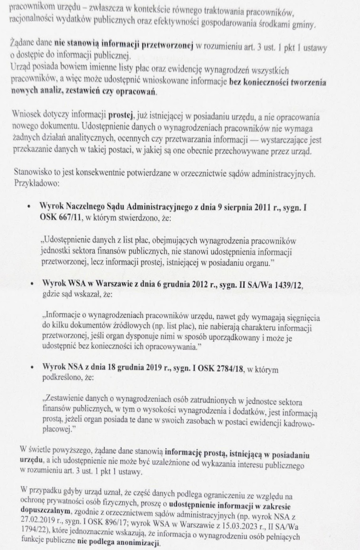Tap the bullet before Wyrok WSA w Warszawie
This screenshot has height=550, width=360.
click(31, 286)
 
